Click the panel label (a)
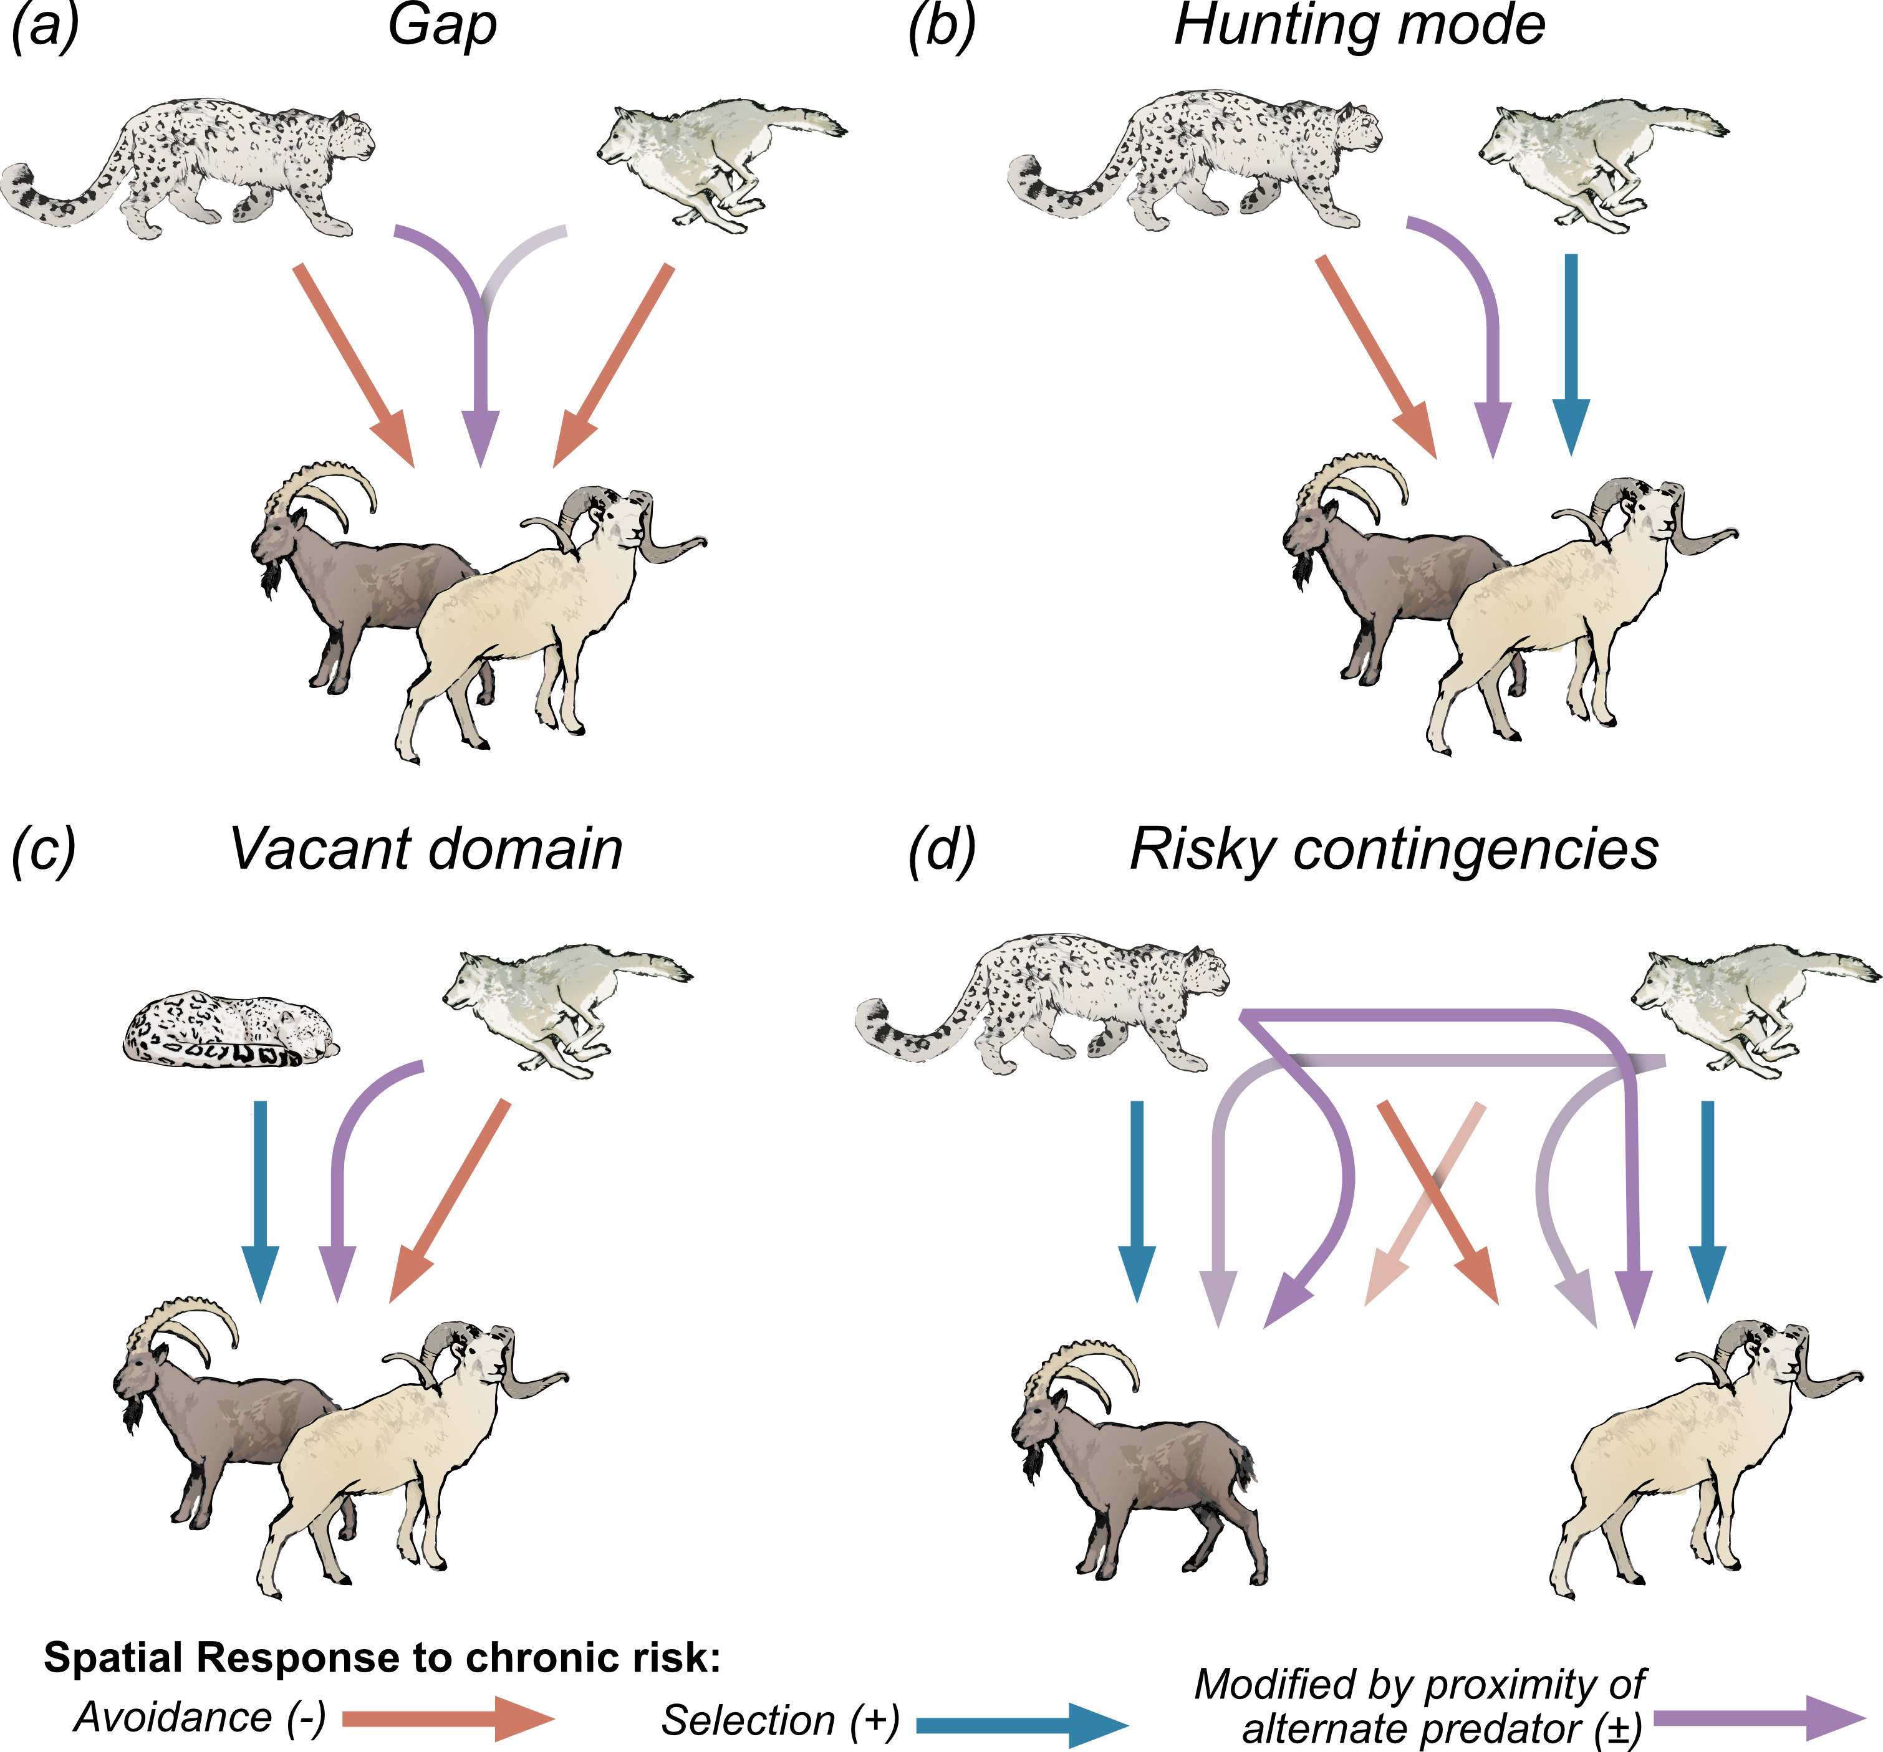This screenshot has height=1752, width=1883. [x=44, y=27]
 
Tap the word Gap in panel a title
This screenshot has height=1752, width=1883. [x=441, y=27]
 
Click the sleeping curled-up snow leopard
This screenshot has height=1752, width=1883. [x=230, y=1030]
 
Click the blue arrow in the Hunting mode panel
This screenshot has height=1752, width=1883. [x=1571, y=350]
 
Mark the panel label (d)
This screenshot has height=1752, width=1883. [x=940, y=850]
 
